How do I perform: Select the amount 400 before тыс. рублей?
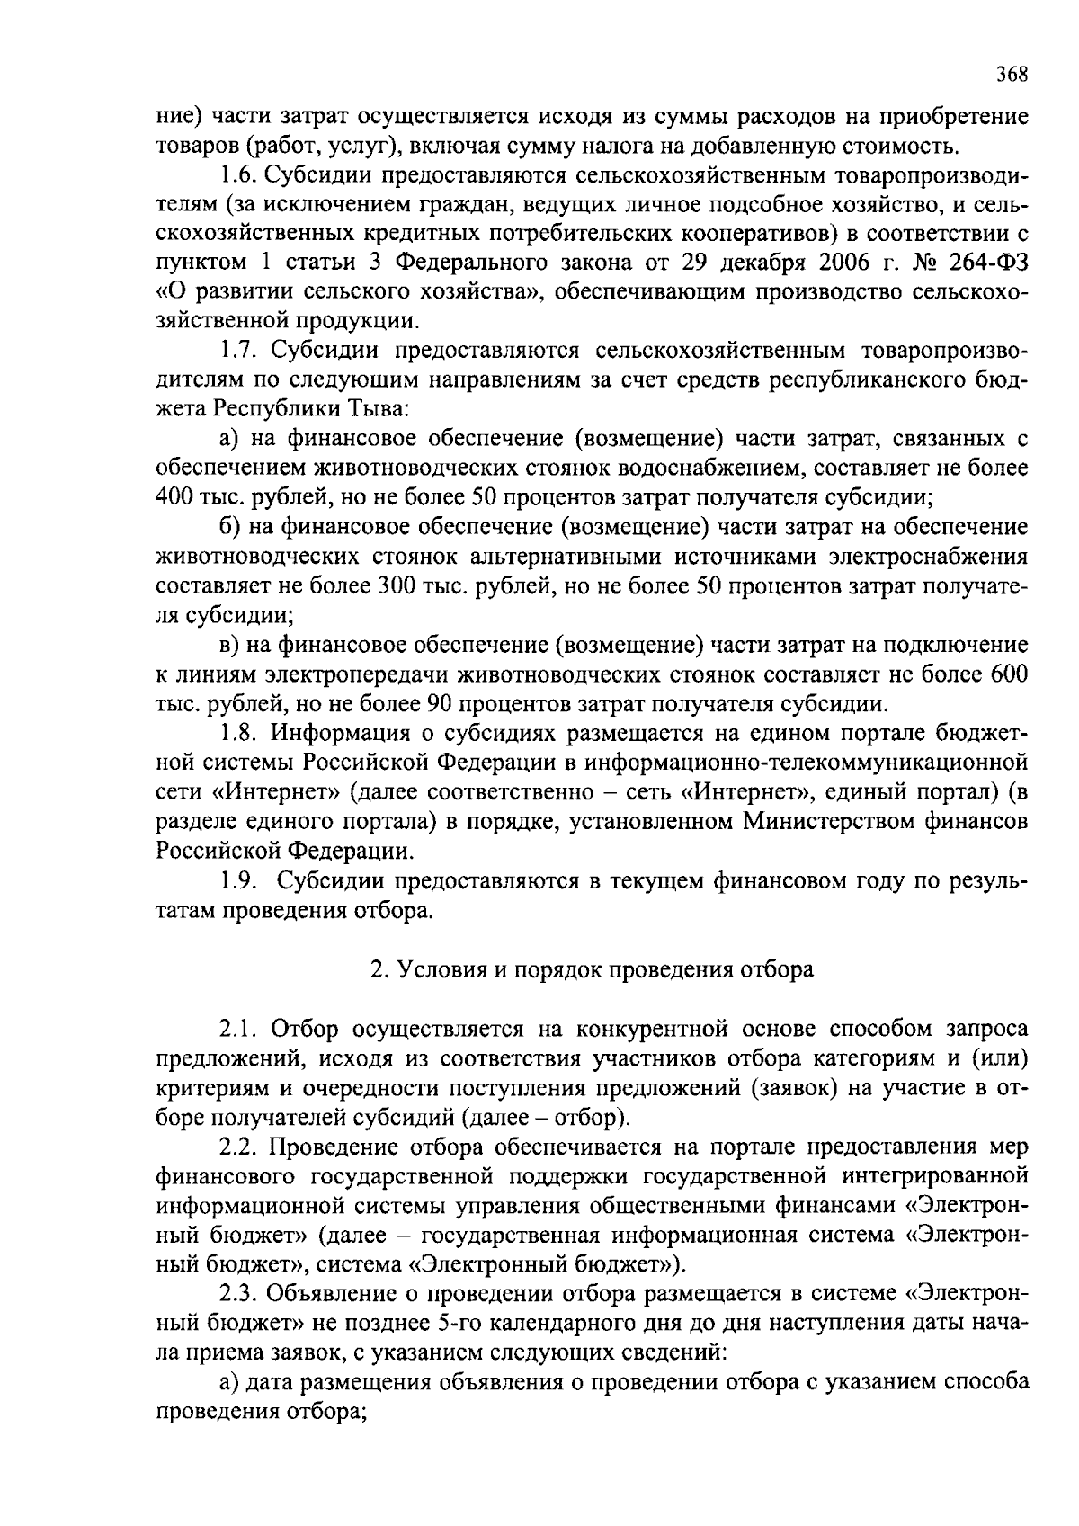point(174,496)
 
